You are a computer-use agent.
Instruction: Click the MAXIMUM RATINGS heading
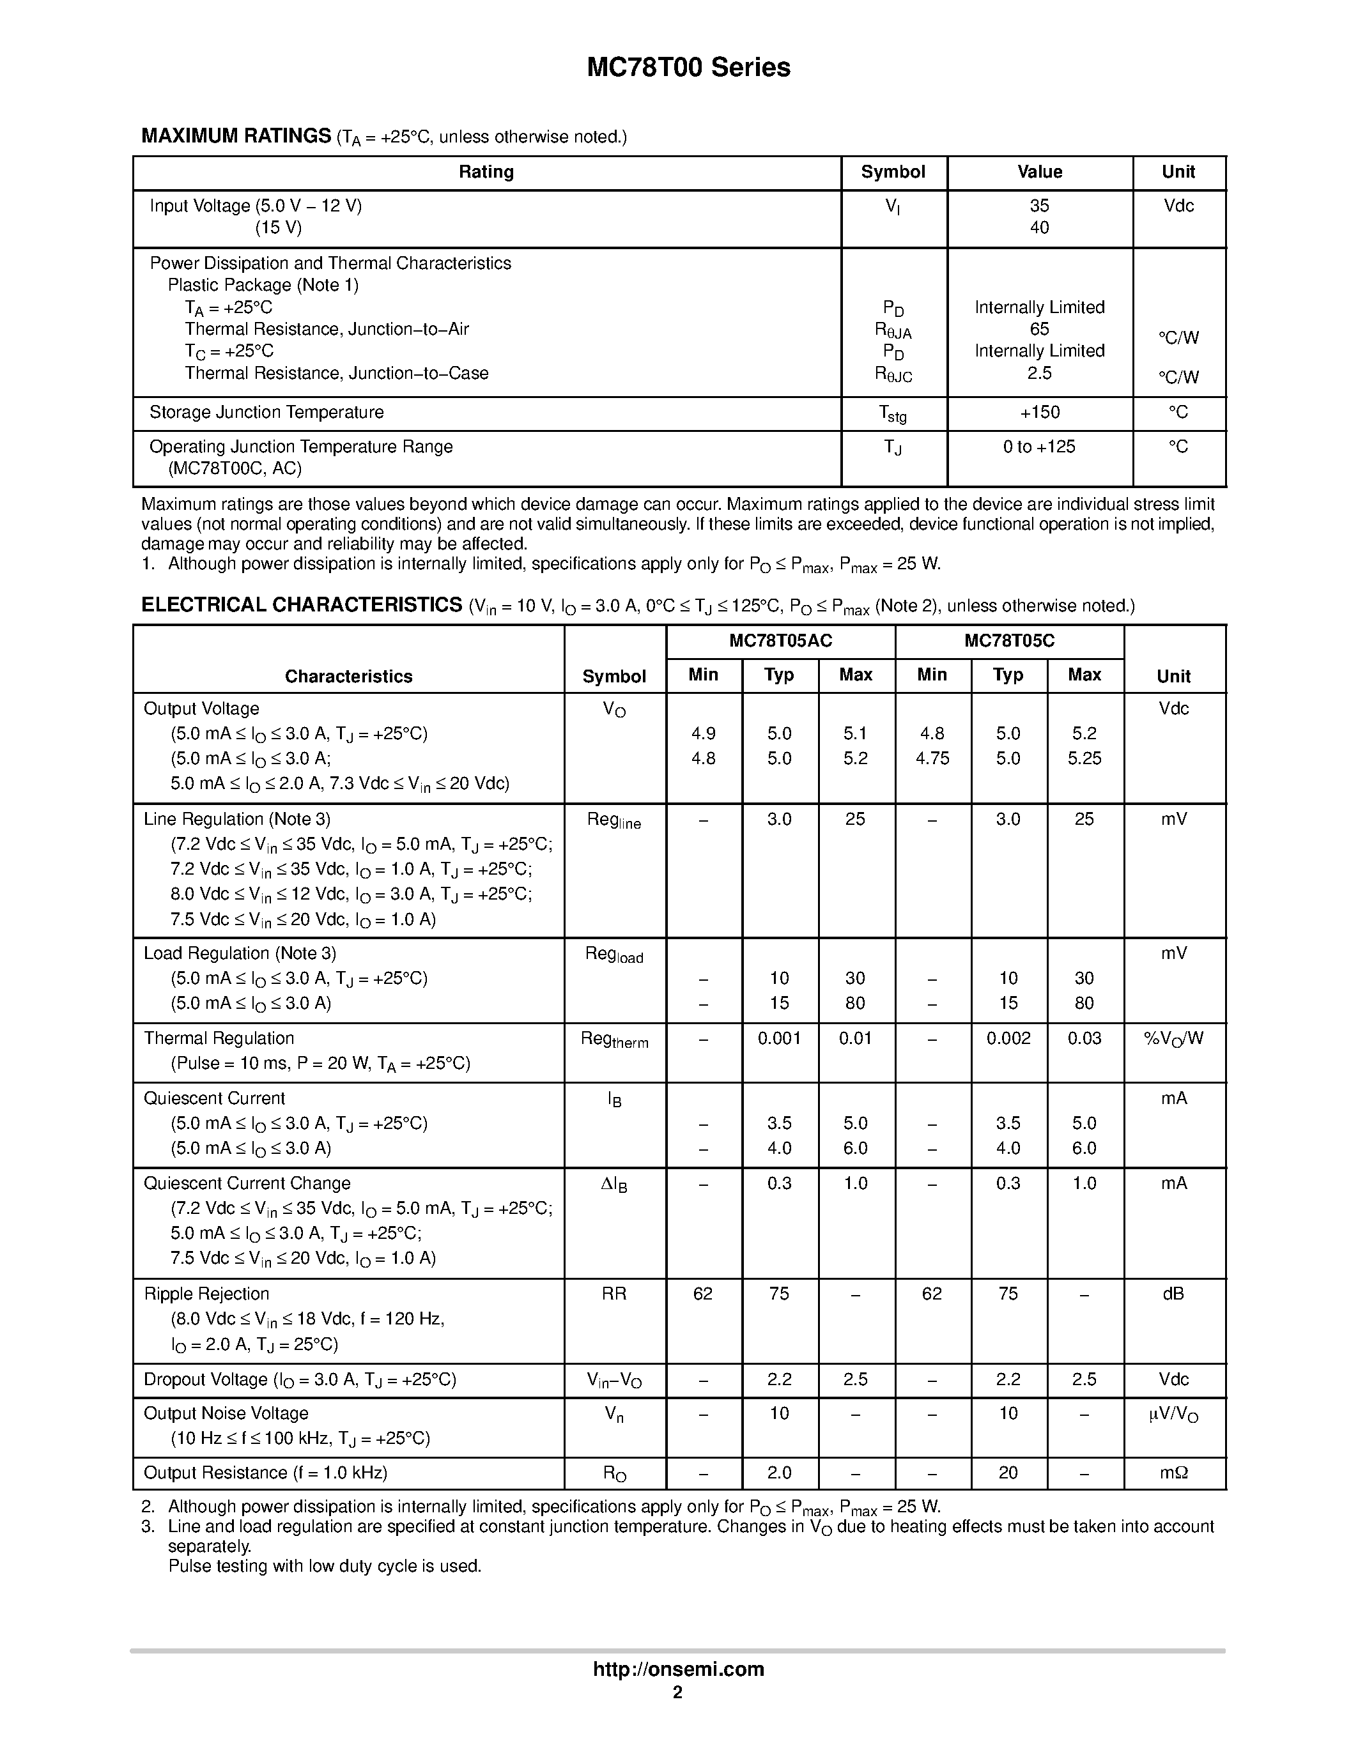tap(236, 136)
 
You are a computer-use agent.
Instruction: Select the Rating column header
tap(486, 172)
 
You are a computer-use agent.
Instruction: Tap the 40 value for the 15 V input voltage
tap(1039, 227)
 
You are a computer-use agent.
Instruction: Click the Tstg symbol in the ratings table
tap(893, 413)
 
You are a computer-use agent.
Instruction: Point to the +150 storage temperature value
tap(1039, 413)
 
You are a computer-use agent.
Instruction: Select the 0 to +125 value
tap(1038, 447)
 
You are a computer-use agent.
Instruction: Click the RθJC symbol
tap(893, 375)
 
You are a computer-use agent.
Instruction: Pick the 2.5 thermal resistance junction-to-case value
tap(1039, 373)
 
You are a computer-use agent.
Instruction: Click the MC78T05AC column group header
tap(780, 641)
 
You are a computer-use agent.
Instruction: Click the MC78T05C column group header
tap(1009, 641)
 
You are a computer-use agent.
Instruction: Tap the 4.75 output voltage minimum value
tap(932, 758)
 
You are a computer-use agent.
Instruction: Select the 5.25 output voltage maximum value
tap(1084, 758)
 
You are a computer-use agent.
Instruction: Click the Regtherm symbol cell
tap(614, 1040)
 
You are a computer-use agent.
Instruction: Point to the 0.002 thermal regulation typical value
tap(1008, 1039)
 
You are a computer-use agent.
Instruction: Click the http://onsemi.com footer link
tap(678, 1669)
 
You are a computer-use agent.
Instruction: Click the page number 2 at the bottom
tap(677, 1692)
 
